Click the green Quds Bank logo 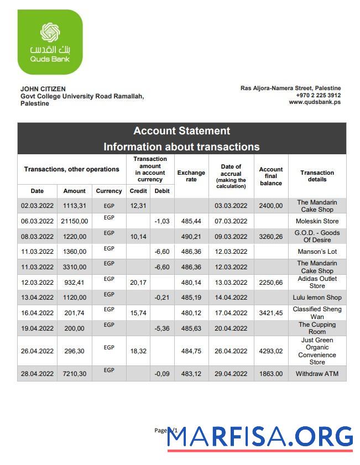pos(50,42)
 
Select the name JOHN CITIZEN pos(43,88)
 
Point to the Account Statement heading pos(181,131)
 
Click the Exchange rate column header pos(191,176)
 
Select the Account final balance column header pos(270,176)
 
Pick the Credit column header pos(138,191)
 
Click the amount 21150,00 pos(74,221)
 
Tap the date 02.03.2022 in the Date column pos(37,206)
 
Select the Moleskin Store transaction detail pos(317,221)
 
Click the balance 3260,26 pos(270,237)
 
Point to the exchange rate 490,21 pos(191,237)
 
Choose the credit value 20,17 pos(138,283)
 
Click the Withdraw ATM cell pos(317,374)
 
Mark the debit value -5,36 pos(161,328)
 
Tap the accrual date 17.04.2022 pos(231,313)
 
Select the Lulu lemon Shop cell pos(317,297)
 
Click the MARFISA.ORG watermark pos(260,437)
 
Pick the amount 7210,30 pos(74,374)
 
